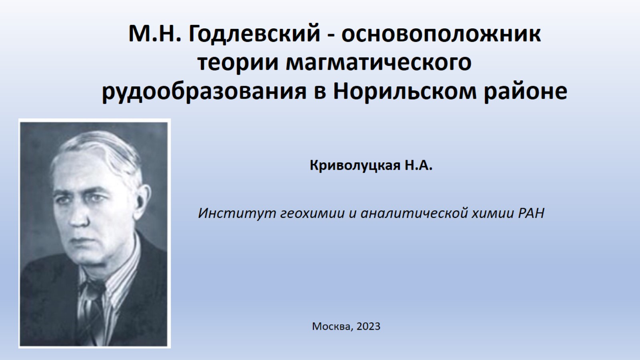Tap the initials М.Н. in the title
[x=155, y=34]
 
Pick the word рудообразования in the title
[x=204, y=92]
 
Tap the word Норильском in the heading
[x=405, y=92]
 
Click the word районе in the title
[x=526, y=92]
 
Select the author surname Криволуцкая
[x=355, y=166]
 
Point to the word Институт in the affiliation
[x=237, y=213]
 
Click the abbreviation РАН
[x=532, y=213]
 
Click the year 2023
[x=368, y=326]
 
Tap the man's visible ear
[x=142, y=200]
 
